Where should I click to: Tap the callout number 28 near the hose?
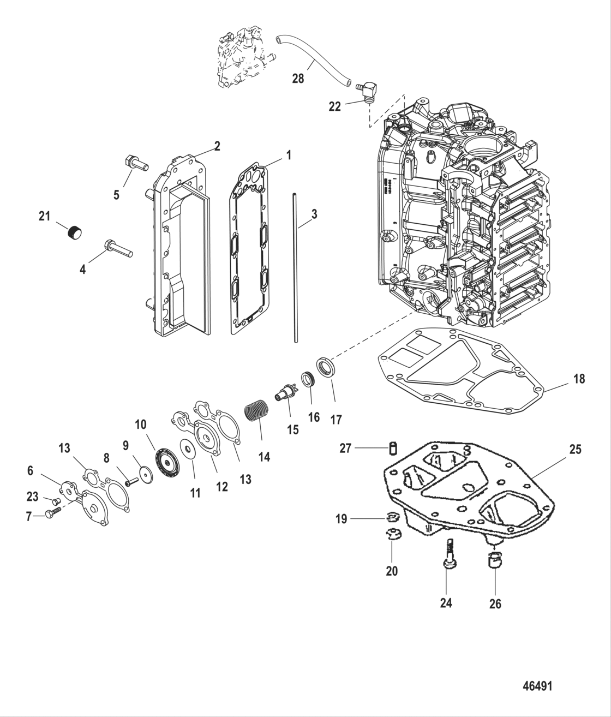298,79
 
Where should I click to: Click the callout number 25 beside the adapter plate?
575,450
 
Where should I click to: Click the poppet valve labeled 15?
286,393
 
